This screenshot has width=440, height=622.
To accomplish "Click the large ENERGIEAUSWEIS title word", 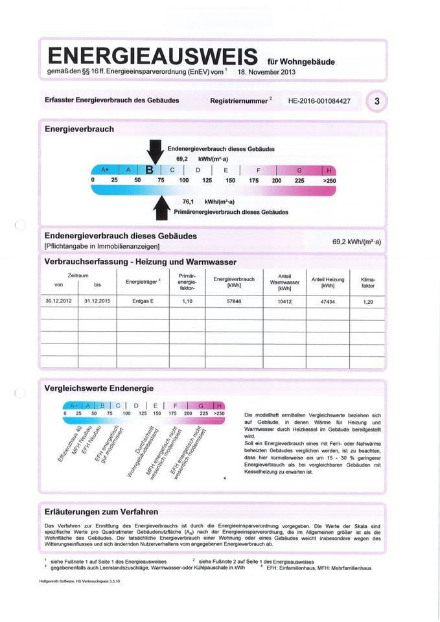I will pos(153,55).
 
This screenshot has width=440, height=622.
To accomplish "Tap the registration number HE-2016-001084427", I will pos(314,101).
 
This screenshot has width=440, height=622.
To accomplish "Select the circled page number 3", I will pos(377,101).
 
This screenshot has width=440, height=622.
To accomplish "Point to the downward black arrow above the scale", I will pos(154,153).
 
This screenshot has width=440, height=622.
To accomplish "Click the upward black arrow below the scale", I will pos(159,207).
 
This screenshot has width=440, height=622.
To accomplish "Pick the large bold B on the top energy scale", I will pos(150,170).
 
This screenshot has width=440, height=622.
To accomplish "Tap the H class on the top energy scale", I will pos(329,170).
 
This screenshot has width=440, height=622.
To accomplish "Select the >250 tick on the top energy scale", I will pos(329,181).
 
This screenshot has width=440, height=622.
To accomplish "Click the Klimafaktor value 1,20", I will pos(367,302).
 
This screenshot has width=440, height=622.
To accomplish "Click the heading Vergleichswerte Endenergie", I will pos(98,388).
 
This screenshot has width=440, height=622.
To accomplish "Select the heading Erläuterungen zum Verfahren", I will pos(101,512).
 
